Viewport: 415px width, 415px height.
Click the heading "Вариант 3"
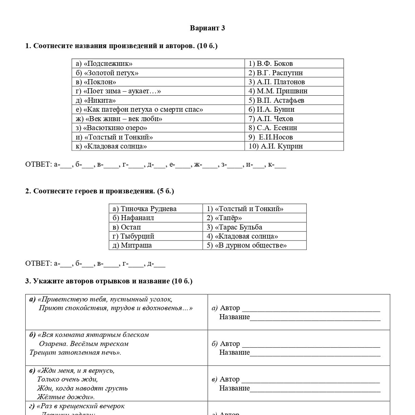207,28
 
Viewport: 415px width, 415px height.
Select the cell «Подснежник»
104,64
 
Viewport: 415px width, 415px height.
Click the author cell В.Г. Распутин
276,73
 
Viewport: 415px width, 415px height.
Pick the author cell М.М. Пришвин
278,91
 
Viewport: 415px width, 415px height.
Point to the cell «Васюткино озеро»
112,128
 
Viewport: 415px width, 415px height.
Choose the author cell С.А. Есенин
273,128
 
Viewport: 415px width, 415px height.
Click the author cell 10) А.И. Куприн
276,146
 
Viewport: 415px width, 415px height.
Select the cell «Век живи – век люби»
119,119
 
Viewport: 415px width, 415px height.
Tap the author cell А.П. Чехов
271,119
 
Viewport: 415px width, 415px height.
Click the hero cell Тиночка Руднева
145,209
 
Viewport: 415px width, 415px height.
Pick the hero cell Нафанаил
133,218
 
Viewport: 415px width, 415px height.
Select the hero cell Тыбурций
133,236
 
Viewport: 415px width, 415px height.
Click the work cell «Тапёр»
224,218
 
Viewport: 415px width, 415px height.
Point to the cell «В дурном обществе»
247,245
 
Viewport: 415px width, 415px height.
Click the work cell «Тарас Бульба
234,227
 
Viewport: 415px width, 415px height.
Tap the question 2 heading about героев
100,191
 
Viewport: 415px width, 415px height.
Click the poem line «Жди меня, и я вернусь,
76,371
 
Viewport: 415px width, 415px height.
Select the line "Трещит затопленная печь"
75,352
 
